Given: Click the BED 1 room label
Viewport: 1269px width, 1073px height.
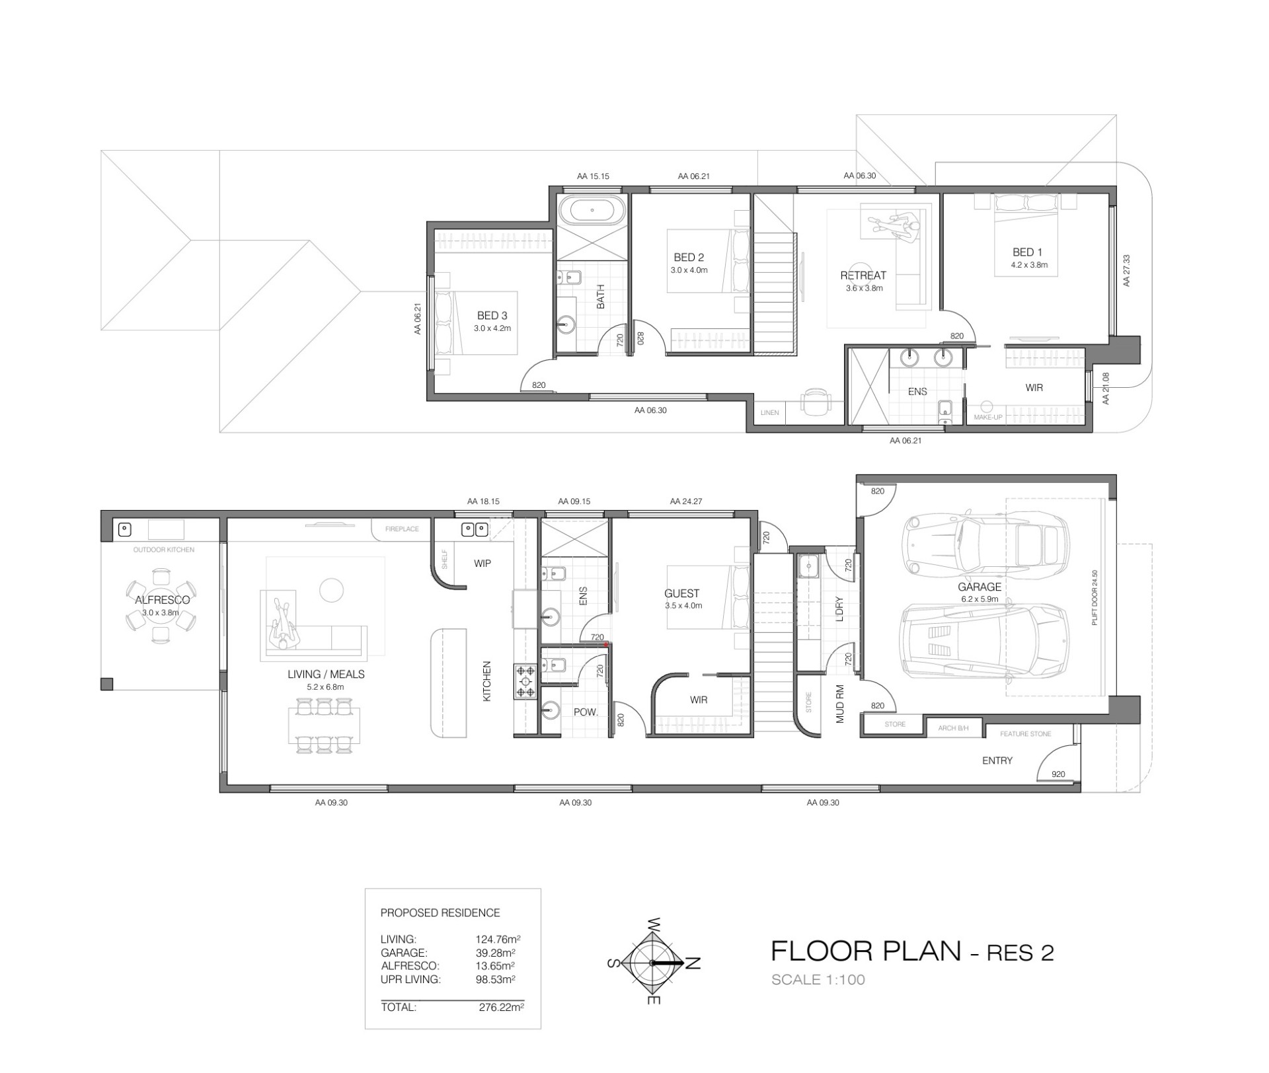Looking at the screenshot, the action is tap(1027, 252).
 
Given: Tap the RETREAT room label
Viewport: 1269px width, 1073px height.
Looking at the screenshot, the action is tap(863, 276).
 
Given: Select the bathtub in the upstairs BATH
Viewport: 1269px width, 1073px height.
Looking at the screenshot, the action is tap(592, 211).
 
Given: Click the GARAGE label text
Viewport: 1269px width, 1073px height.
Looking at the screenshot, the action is tap(980, 587).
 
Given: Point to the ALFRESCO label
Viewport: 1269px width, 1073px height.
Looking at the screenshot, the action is tap(162, 600).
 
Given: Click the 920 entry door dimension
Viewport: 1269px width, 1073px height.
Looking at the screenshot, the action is tap(1058, 774).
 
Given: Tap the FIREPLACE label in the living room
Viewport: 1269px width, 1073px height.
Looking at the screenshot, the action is tap(402, 529).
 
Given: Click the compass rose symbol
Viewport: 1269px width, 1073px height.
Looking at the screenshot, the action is tap(652, 963).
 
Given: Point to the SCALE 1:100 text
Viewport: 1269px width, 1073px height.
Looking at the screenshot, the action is tap(818, 979).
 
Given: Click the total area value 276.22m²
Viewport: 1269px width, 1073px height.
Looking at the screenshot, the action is tap(501, 1008).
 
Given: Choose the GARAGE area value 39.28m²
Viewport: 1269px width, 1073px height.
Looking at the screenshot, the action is tap(496, 953).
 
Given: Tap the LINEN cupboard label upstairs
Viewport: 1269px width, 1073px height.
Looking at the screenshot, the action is tap(770, 413).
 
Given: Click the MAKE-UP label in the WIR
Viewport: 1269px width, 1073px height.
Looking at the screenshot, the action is tap(988, 418).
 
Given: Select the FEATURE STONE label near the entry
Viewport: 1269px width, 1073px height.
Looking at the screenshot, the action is tap(1025, 734).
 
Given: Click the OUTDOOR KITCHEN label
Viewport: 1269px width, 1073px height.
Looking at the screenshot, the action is tap(164, 550).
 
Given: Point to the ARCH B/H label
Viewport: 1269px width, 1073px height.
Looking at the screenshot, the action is tap(953, 728).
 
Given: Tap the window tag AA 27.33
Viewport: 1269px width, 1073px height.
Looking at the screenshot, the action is tap(1127, 271).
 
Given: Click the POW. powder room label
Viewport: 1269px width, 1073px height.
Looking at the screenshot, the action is tap(586, 712).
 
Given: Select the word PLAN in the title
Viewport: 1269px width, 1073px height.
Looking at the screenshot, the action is tap(921, 951).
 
